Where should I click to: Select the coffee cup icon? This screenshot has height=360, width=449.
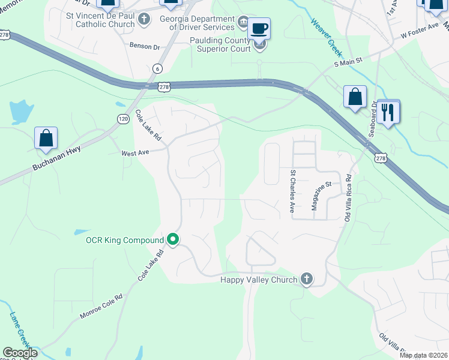[x=259, y=29]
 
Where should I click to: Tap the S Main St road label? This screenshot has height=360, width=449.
[x=349, y=61]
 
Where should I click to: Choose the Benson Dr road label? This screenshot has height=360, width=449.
[x=145, y=45]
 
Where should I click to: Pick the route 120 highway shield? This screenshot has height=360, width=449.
[x=122, y=119]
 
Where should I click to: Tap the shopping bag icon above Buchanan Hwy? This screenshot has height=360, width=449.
[x=46, y=138]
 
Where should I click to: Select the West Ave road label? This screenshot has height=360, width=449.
[x=135, y=153]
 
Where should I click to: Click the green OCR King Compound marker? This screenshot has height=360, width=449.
[x=173, y=240]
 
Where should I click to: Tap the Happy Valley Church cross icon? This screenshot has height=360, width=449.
[x=307, y=279]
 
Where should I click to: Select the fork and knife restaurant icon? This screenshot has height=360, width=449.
[x=388, y=112]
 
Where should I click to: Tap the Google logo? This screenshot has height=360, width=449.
[x=20, y=353]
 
